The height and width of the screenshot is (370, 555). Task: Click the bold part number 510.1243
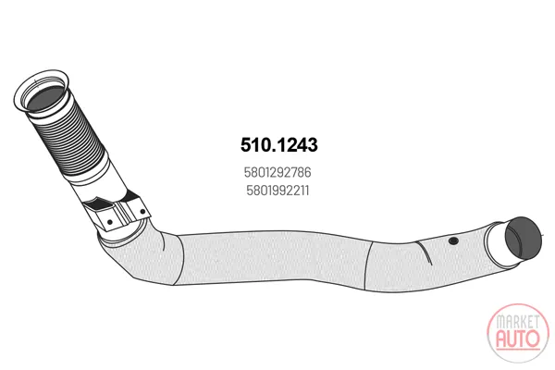click(x=279, y=145)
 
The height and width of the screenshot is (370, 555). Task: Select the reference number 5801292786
click(x=277, y=172)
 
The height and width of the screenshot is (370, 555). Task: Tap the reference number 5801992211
click(x=277, y=191)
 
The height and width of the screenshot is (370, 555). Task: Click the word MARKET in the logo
click(x=517, y=322)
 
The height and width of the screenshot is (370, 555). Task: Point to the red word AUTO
click(x=518, y=339)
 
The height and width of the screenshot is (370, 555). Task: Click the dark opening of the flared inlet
click(x=45, y=97)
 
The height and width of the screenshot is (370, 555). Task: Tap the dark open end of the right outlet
click(x=524, y=237)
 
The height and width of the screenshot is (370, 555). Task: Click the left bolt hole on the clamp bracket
click(x=110, y=222)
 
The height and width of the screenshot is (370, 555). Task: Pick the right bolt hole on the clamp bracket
click(x=142, y=212)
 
